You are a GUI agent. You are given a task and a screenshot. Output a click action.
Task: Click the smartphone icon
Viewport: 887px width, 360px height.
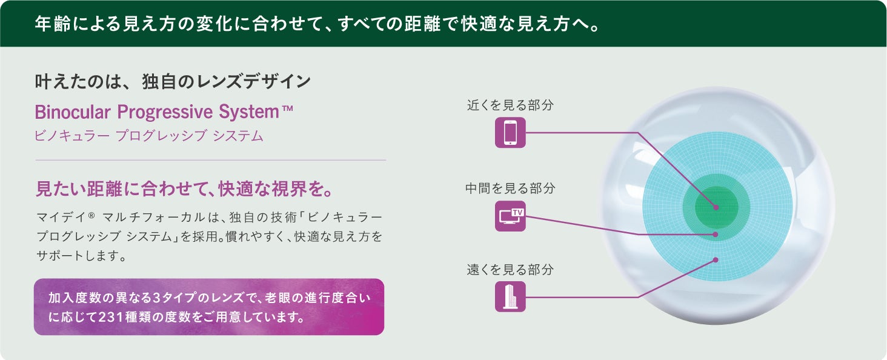510,133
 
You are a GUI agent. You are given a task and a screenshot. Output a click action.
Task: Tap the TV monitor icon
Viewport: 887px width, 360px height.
510,216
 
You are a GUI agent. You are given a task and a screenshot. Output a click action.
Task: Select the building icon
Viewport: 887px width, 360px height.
510,297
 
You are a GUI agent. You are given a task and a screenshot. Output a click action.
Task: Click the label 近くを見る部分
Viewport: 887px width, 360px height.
510,105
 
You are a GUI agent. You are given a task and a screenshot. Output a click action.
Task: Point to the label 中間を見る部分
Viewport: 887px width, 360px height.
510,188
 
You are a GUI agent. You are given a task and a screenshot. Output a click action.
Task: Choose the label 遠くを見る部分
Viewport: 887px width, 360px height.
510,270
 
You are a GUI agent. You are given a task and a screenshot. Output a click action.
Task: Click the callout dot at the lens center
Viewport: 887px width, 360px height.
716,207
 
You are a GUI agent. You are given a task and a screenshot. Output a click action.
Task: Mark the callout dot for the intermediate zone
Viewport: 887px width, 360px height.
716,234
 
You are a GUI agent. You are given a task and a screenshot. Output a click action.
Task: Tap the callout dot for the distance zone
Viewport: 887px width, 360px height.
716,260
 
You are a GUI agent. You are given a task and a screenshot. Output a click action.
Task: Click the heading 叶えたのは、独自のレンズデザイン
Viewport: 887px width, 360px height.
173,82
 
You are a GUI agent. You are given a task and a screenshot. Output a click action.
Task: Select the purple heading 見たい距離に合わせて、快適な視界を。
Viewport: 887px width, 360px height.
184,188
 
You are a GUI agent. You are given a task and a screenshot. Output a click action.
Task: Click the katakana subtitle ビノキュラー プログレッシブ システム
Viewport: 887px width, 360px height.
149,136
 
